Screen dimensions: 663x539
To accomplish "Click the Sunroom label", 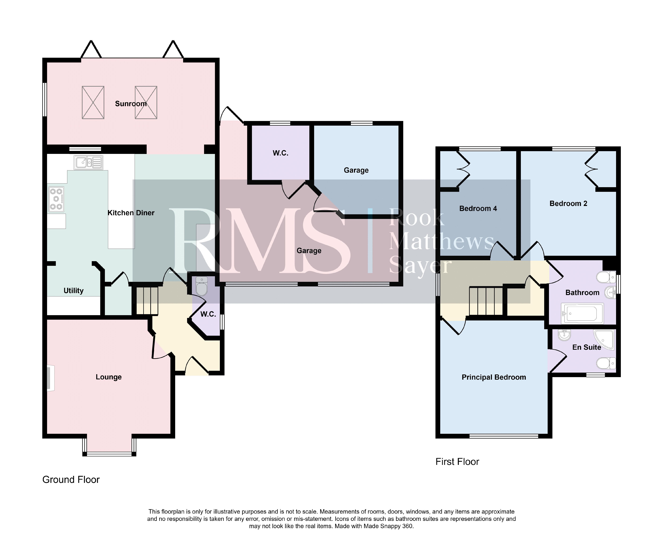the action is [x=131, y=104].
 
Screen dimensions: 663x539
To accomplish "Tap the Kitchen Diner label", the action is [x=131, y=213].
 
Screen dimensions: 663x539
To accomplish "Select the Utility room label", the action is [x=73, y=291].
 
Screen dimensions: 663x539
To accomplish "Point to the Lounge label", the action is [x=108, y=377].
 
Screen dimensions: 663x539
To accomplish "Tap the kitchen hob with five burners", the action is [x=56, y=199].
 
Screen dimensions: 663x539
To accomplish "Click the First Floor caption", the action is [x=457, y=462].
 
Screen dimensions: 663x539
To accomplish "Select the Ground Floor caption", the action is [x=71, y=480].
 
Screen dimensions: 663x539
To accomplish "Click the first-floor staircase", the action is [x=486, y=301].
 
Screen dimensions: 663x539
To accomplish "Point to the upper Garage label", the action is [x=356, y=170].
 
